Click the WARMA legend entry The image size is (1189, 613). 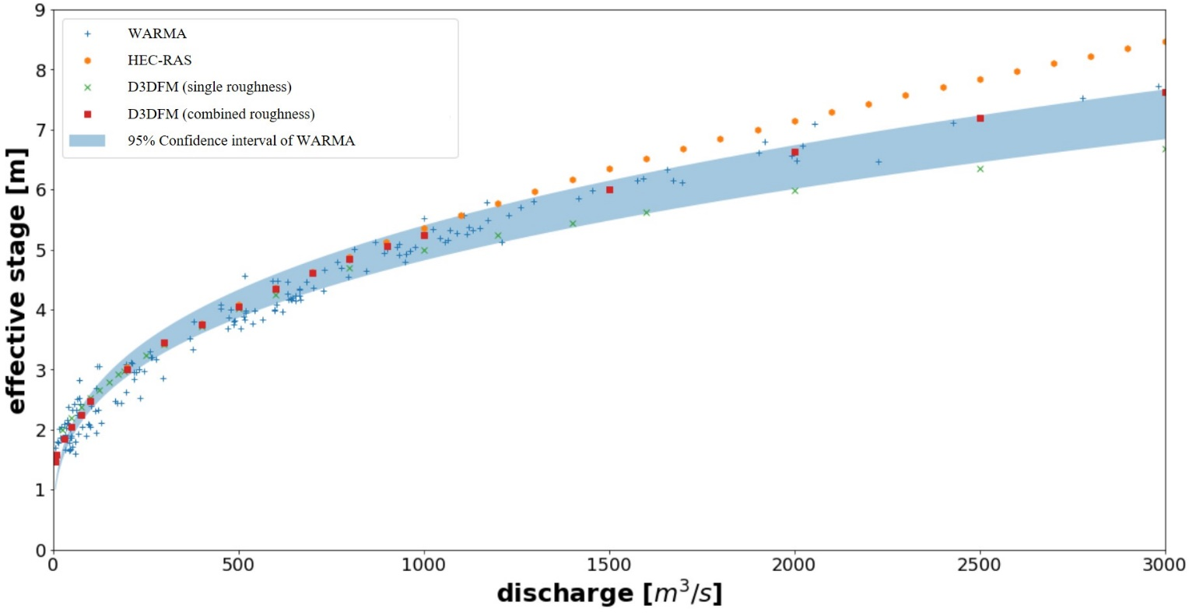pos(157,34)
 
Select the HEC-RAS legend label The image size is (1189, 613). pos(160,61)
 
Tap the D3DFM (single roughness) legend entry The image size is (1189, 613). pos(209,87)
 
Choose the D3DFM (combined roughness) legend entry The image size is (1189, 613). pos(221,114)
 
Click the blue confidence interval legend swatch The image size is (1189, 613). pos(87,141)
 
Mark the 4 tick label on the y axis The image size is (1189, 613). pos(40,310)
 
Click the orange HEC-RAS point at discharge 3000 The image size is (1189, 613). pos(1165,42)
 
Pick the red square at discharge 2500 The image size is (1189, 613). pos(980,118)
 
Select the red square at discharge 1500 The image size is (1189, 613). pos(609,190)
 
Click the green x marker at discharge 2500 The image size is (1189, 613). pos(980,169)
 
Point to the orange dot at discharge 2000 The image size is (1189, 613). pos(794,122)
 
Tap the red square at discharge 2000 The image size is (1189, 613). pos(794,153)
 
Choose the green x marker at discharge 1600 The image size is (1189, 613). pos(646,213)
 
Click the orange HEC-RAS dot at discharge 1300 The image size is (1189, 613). pos(535,192)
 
